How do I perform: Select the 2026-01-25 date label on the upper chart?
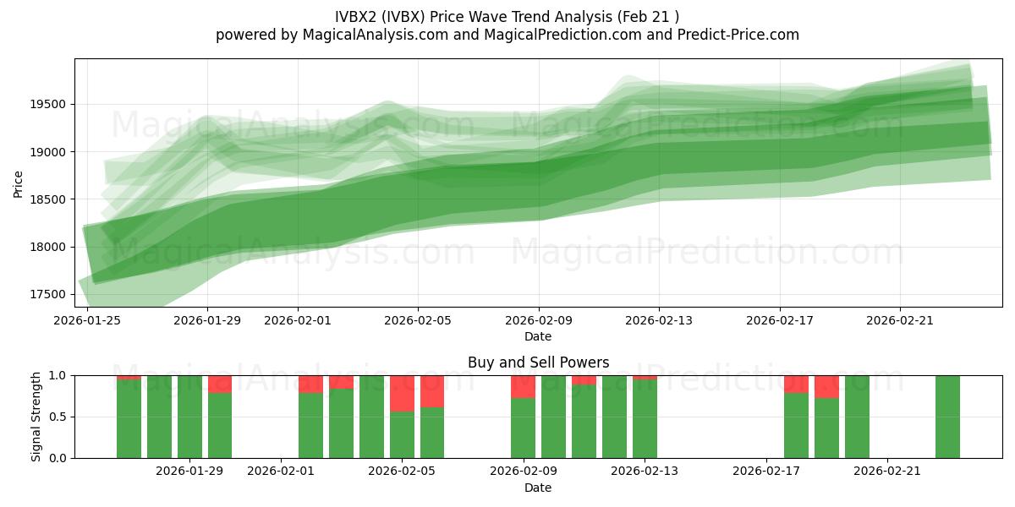click(x=87, y=321)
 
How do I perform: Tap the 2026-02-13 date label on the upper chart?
click(x=660, y=321)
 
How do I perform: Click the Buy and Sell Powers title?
click(x=538, y=363)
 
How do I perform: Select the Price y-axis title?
click(x=18, y=183)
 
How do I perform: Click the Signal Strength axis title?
click(x=36, y=417)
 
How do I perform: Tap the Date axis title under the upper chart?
click(x=538, y=336)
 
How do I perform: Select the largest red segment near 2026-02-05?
click(x=402, y=394)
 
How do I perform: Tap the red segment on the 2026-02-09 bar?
click(x=523, y=387)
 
